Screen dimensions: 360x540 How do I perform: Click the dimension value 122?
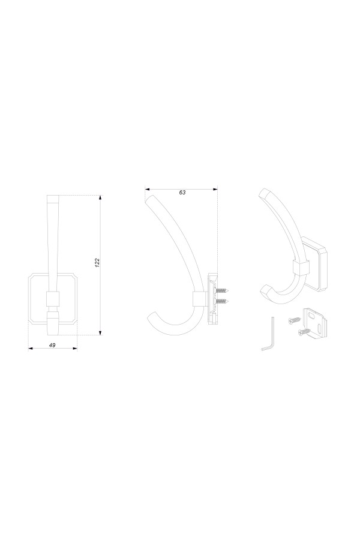[x=97, y=263]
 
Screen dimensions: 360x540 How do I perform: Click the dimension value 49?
[x=53, y=345]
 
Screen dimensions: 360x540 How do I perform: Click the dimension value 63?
[x=182, y=193]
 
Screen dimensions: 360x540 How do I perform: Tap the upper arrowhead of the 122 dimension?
[x=100, y=197]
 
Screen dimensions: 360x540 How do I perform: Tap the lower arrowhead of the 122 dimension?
[x=100, y=332]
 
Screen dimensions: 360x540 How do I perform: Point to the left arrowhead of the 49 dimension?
[x=31, y=349]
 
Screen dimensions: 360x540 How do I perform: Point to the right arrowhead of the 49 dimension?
[x=75, y=349]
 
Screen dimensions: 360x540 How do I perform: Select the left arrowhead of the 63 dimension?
[x=147, y=189]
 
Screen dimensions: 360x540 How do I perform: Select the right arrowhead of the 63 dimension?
[x=215, y=189]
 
